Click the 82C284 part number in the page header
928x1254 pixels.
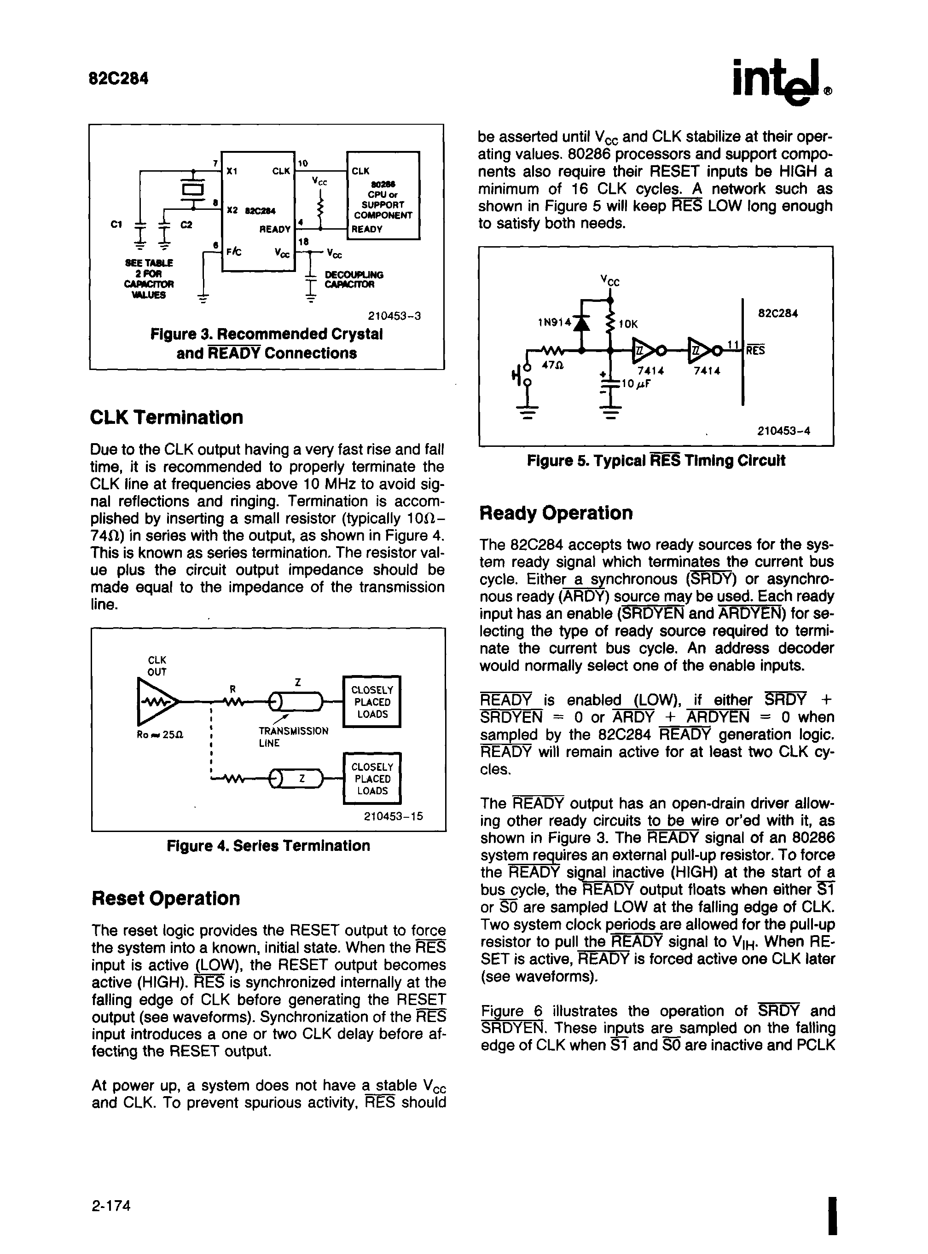pyautogui.click(x=118, y=78)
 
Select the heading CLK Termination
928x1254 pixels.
pyautogui.click(x=166, y=417)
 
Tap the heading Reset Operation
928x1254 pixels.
pyautogui.click(x=166, y=898)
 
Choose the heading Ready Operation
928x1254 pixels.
pyautogui.click(x=556, y=513)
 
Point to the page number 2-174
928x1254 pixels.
pyautogui.click(x=110, y=1205)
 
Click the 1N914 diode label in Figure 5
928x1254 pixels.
pyautogui.click(x=554, y=322)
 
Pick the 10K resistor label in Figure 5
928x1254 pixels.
pyautogui.click(x=628, y=324)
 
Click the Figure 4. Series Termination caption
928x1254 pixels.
pyautogui.click(x=268, y=846)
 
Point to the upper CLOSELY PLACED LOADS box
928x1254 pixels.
pyautogui.click(x=372, y=702)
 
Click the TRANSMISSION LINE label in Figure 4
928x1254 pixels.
pyautogui.click(x=293, y=737)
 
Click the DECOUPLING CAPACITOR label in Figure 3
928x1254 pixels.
pyautogui.click(x=354, y=279)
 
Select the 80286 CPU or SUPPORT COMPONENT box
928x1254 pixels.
pyautogui.click(x=383, y=195)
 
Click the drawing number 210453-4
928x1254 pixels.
pyautogui.click(x=783, y=431)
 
